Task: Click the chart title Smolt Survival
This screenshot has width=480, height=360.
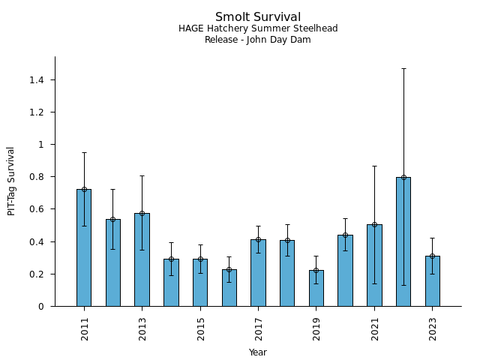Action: pyautogui.click(x=258, y=17)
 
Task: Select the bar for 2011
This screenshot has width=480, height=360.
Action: pyautogui.click(x=84, y=247)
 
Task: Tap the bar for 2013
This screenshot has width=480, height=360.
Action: pyautogui.click(x=142, y=259)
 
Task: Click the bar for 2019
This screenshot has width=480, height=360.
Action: pyautogui.click(x=316, y=288)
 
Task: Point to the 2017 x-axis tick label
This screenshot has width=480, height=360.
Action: pyautogui.click(x=258, y=328)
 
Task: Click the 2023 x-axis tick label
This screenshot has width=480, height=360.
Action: pyautogui.click(x=433, y=328)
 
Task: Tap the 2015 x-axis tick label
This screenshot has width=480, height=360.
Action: pyautogui.click(x=200, y=328)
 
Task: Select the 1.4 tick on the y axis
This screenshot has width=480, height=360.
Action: pyautogui.click(x=37, y=79)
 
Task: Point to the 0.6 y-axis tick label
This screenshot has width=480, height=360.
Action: pyautogui.click(x=37, y=209)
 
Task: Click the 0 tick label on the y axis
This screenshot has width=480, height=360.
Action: pyautogui.click(x=42, y=306)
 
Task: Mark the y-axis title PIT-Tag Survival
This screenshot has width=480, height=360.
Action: pyautogui.click(x=11, y=181)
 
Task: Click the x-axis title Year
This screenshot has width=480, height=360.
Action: pyautogui.click(x=258, y=352)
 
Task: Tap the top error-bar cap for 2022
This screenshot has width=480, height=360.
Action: pyautogui.click(x=403, y=68)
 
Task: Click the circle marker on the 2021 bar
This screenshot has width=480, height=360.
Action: pyautogui.click(x=374, y=224)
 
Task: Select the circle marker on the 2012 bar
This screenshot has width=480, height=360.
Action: pyautogui.click(x=112, y=219)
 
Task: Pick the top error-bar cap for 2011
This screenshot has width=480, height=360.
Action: pyautogui.click(x=84, y=152)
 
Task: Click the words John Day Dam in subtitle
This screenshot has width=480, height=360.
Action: pyautogui.click(x=277, y=40)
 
